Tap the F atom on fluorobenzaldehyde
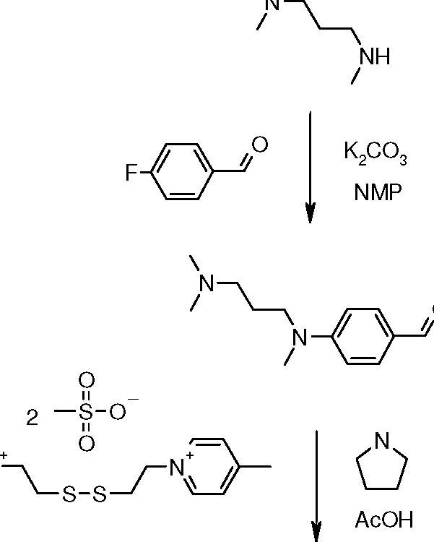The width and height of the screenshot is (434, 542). (x=131, y=173)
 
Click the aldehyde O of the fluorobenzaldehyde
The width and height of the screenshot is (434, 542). (x=259, y=145)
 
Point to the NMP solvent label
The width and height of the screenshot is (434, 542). (x=375, y=193)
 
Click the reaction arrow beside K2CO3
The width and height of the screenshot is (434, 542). (x=311, y=166)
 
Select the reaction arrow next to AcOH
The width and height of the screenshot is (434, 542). (x=316, y=484)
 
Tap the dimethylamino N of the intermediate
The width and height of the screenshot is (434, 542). (x=207, y=283)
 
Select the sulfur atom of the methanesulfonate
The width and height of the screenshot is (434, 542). (x=86, y=412)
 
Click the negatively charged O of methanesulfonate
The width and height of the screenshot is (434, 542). (x=118, y=411)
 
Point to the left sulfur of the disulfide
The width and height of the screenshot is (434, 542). (x=68, y=496)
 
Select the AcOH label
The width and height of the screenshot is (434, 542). (x=384, y=518)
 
